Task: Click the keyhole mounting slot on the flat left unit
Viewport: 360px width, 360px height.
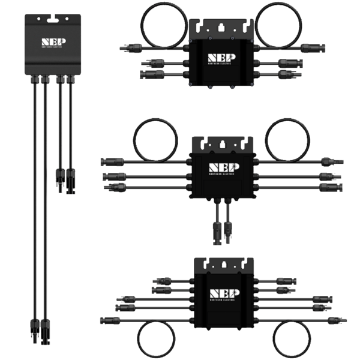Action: (50, 19)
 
